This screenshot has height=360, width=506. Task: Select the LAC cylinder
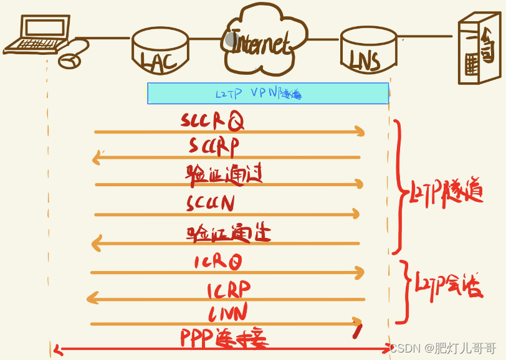pos(160,50)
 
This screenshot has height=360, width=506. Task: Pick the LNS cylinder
pos(369,49)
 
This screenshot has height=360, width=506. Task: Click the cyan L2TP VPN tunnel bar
pos(268,93)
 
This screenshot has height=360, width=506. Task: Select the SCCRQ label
pos(212,120)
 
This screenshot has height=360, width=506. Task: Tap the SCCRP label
pos(214,146)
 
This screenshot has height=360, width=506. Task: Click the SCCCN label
pos(210,202)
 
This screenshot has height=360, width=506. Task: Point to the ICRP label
pos(229,289)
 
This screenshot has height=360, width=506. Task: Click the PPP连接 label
pos(224,338)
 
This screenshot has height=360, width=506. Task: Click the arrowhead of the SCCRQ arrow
pos(360,131)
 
